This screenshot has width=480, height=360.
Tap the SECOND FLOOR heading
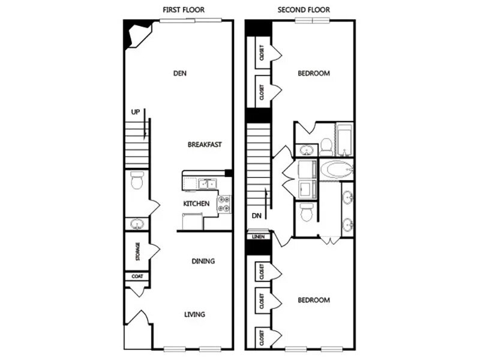tap(304, 10)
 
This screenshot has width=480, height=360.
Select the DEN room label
tap(180, 74)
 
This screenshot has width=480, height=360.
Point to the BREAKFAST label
tap(205, 145)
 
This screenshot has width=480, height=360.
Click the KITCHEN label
tap(197, 204)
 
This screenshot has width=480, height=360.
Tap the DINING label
tap(203, 262)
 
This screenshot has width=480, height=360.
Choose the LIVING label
tap(196, 314)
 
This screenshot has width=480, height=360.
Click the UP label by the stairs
tap(136, 112)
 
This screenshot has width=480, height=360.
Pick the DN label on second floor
tap(256, 215)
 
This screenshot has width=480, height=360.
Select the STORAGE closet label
tap(137, 251)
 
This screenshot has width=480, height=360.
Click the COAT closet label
tap(137, 277)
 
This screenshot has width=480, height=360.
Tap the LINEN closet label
tap(259, 237)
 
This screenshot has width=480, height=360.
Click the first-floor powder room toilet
tap(137, 179)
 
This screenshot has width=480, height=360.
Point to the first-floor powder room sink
tap(137, 225)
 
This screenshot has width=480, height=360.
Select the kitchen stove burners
tap(225, 204)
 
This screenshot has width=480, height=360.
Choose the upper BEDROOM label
tap(314, 74)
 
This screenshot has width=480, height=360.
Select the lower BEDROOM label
tap(314, 300)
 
